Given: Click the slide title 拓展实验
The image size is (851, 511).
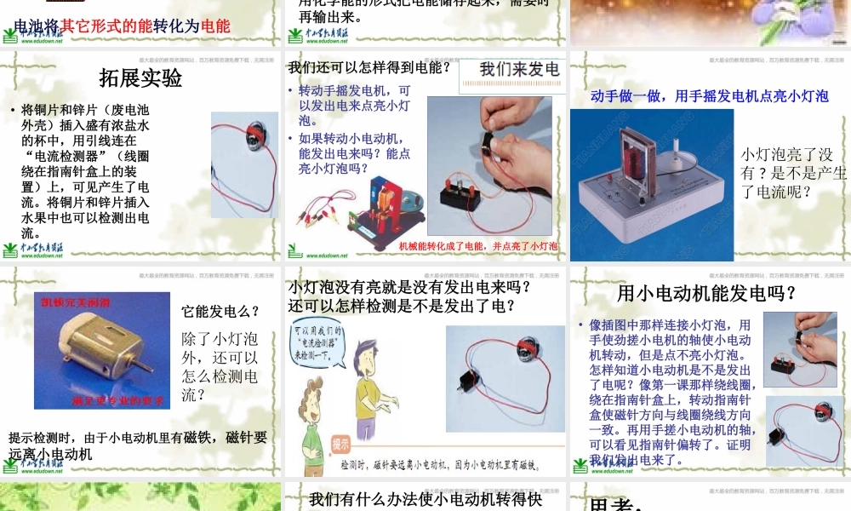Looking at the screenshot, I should coord(140,78).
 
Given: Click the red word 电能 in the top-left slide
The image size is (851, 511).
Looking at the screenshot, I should coord(216,26).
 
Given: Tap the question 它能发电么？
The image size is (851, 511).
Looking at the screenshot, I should coord(220,312).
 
